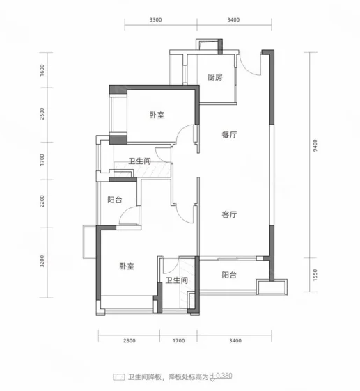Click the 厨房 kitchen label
tap(214, 77)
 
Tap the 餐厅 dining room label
tap(229, 135)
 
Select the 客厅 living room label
tap(229, 214)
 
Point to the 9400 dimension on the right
tap(315, 145)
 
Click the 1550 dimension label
tap(315, 275)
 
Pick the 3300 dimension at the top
tap(155, 19)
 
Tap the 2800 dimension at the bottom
tap(130, 340)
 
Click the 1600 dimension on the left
tap(42, 70)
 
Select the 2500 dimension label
tap(42, 113)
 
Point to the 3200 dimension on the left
tap(42, 261)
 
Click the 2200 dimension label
tap(42, 201)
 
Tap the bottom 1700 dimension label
tap(179, 340)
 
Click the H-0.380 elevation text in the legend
tap(221, 376)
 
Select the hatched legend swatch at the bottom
tap(118, 377)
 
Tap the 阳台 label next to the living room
tap(229, 275)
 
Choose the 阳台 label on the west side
tap(115, 200)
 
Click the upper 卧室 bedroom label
tap(157, 115)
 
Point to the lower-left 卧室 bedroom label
tap(127, 266)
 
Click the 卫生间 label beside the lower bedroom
tap(176, 280)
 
